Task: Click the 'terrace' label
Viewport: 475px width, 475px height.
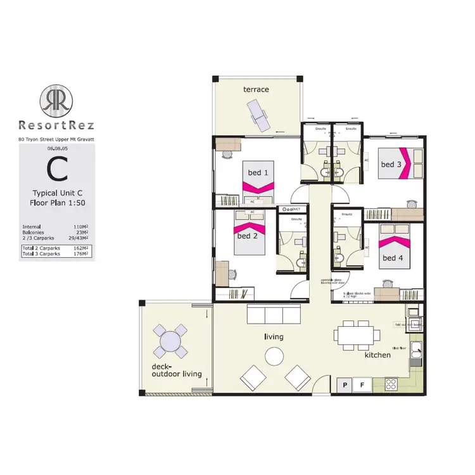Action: [x=256, y=89]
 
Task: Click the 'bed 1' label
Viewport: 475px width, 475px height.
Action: [x=258, y=172]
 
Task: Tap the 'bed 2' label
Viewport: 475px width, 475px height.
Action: [x=248, y=236]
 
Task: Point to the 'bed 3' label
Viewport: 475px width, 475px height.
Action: [x=391, y=164]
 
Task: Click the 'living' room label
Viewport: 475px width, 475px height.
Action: [x=274, y=336]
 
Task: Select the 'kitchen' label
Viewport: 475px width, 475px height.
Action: [x=377, y=355]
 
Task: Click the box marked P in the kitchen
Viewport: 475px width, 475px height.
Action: [x=346, y=384]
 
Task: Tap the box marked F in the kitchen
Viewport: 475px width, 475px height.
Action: [x=362, y=384]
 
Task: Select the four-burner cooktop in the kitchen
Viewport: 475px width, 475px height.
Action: [x=391, y=384]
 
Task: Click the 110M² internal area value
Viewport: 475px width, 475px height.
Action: [x=80, y=226]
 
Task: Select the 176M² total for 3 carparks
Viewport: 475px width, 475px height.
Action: [x=79, y=254]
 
